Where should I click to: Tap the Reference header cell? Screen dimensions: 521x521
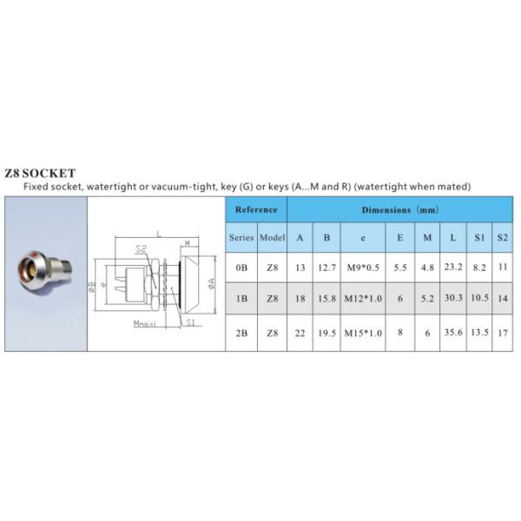pos(256,209)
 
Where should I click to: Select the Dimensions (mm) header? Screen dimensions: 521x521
pos(400,209)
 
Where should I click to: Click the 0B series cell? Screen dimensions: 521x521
pos(241,268)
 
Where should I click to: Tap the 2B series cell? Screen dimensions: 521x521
pos(241,332)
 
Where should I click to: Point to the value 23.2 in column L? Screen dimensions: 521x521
pos(452,268)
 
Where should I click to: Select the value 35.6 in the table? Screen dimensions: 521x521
pos(452,332)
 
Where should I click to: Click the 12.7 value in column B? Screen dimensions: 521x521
pos(326,268)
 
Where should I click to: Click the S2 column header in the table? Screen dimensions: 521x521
pos(502,237)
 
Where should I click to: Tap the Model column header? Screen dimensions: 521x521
pos(272,237)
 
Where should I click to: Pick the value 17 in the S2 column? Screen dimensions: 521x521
pos(502,332)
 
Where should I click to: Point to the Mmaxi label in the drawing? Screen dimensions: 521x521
pos(145,323)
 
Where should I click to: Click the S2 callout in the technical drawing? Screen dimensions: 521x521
pos(140,249)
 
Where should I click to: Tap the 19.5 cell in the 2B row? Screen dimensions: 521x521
pos(326,332)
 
